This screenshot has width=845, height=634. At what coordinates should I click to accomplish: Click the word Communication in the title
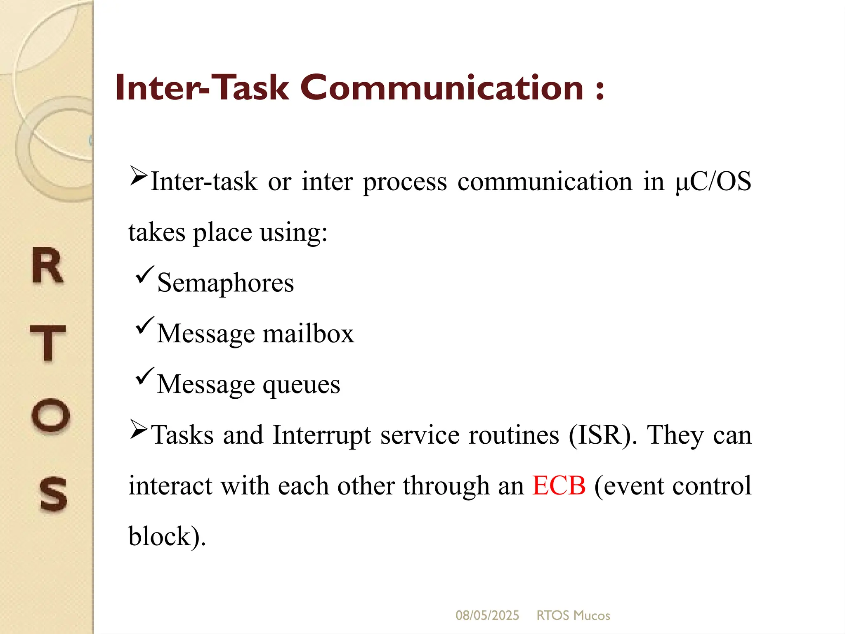tap(441, 88)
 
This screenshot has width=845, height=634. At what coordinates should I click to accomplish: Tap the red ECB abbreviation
tap(559, 485)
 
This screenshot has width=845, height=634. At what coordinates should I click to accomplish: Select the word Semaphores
tap(225, 283)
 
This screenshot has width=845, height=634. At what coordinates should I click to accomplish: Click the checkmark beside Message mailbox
tap(144, 326)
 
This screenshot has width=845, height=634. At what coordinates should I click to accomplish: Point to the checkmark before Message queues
tap(144, 376)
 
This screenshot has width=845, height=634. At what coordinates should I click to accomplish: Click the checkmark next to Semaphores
tap(144, 275)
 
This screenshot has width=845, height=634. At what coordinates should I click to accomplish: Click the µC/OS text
tap(713, 182)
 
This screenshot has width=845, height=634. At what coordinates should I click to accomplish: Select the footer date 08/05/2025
tap(487, 615)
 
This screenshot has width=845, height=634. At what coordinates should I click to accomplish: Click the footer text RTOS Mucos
tap(573, 615)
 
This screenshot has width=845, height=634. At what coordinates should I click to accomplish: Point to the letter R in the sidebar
tap(47, 266)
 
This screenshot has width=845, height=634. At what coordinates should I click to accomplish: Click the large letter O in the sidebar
tap(50, 415)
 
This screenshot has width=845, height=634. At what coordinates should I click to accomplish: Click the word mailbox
tap(308, 333)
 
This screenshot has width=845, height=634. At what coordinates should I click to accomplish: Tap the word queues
tap(301, 385)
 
